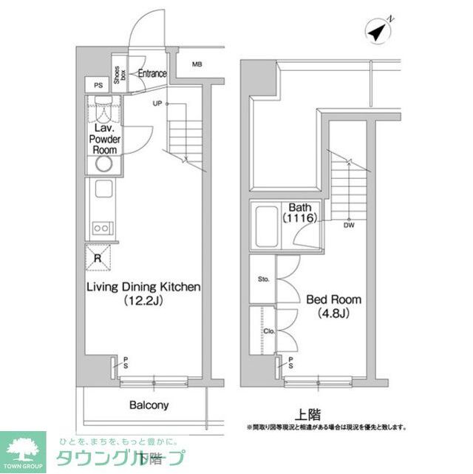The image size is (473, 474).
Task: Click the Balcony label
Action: click(x=149, y=405)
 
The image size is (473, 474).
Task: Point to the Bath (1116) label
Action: click(x=299, y=213)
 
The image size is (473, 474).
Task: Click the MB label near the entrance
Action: click(x=197, y=64)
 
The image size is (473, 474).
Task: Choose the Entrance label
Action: click(x=152, y=73)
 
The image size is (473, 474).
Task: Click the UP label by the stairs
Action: click(x=157, y=103)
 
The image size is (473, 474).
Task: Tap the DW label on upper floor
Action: click(x=348, y=226)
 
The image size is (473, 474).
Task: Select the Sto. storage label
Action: click(x=264, y=280)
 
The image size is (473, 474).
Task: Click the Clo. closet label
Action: click(x=268, y=331)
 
